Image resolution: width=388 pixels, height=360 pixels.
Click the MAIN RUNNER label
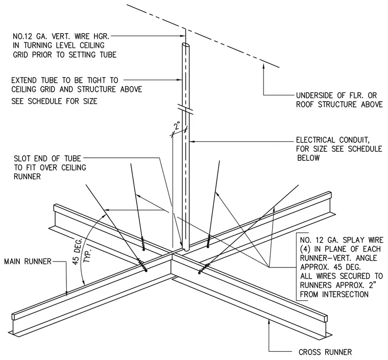[x=28, y=261]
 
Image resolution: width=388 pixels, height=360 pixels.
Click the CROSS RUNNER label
[x=325, y=352]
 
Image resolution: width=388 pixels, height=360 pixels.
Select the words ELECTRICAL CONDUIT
[x=333, y=140]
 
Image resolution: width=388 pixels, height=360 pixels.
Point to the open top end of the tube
[x=186, y=46]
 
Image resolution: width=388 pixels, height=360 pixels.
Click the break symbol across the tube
[x=186, y=109]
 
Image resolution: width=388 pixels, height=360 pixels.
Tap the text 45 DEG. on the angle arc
[x=78, y=252]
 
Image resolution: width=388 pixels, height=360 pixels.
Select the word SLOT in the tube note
[x=23, y=158]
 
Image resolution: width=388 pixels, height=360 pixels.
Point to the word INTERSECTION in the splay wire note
[x=345, y=294]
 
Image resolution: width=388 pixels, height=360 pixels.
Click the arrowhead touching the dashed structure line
[x=263, y=65]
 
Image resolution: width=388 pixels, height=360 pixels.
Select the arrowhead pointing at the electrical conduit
[x=192, y=141]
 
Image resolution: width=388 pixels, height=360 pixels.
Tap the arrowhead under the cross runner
[x=269, y=321]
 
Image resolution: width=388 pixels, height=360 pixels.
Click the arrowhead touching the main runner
[x=66, y=293]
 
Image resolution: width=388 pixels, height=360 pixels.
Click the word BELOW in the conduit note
[x=308, y=158]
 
